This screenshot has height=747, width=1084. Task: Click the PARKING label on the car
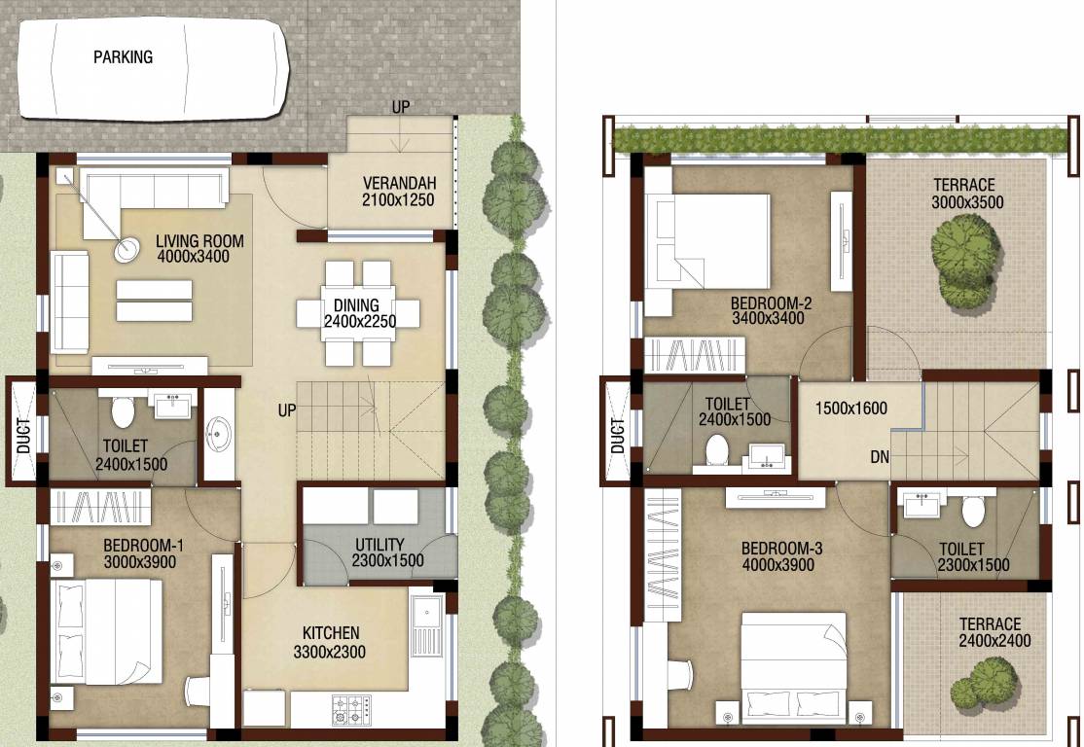coord(123,57)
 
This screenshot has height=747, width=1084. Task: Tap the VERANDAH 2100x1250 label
coord(398,192)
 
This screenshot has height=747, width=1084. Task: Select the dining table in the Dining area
coord(359,313)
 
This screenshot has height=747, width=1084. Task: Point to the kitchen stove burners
coord(351,704)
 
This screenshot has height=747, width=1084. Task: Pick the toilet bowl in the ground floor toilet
coord(123,413)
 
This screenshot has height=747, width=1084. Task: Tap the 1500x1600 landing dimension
coord(852,409)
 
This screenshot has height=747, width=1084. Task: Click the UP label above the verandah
coord(401,107)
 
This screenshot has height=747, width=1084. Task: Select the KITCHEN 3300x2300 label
coord(330,642)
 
